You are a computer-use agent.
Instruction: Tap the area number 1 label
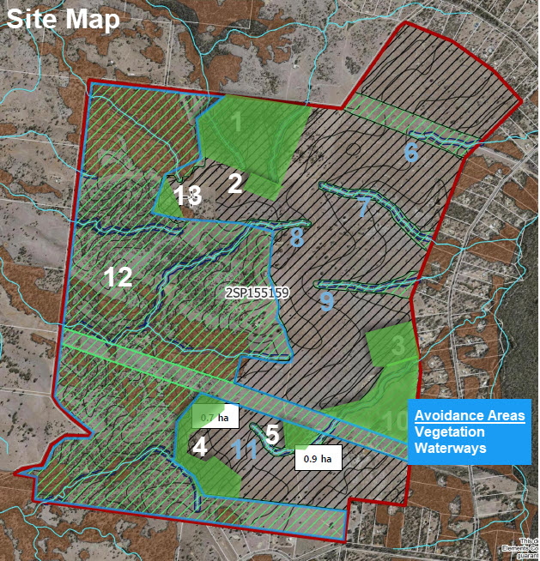238,124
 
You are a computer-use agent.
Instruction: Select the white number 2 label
235,181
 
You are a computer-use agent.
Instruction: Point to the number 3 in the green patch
397,347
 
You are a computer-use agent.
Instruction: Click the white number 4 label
200,447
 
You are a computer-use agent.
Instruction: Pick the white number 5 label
273,434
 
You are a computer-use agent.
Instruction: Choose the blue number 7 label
363,207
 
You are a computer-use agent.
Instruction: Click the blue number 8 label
297,236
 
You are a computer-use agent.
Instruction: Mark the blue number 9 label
325,301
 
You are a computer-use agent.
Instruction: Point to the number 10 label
396,421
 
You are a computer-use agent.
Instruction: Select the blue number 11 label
246,450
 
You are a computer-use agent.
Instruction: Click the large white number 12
118,276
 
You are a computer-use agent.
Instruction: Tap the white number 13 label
188,196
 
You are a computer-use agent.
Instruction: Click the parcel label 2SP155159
257,293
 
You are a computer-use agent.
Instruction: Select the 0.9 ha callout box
318,459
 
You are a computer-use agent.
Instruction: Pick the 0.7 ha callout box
215,418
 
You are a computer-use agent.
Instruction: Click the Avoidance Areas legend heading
470,416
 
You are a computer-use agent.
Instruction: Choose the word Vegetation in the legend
449,432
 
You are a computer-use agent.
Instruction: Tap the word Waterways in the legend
450,448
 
